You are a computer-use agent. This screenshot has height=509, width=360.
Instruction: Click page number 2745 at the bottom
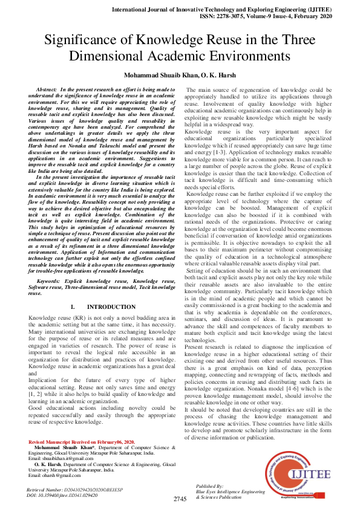pos(180,499)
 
